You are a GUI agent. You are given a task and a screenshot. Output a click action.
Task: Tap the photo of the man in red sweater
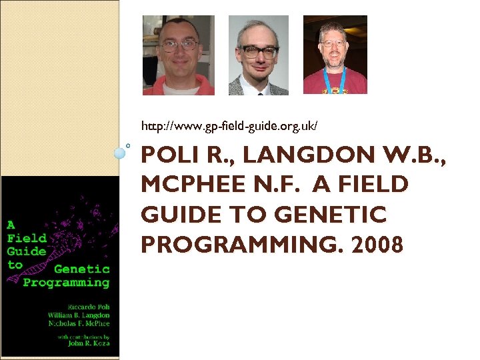179,55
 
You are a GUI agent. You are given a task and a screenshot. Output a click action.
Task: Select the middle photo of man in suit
259,55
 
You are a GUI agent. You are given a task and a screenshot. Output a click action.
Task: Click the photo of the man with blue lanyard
335,55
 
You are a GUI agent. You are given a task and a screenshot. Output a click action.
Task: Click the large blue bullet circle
120,153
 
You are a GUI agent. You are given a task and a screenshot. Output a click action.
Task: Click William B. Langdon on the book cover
79,315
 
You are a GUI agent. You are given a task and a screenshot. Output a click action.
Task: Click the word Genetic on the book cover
81,269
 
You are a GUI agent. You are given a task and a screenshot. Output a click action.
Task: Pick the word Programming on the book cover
66,282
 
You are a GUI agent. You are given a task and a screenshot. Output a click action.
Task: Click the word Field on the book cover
27,237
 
